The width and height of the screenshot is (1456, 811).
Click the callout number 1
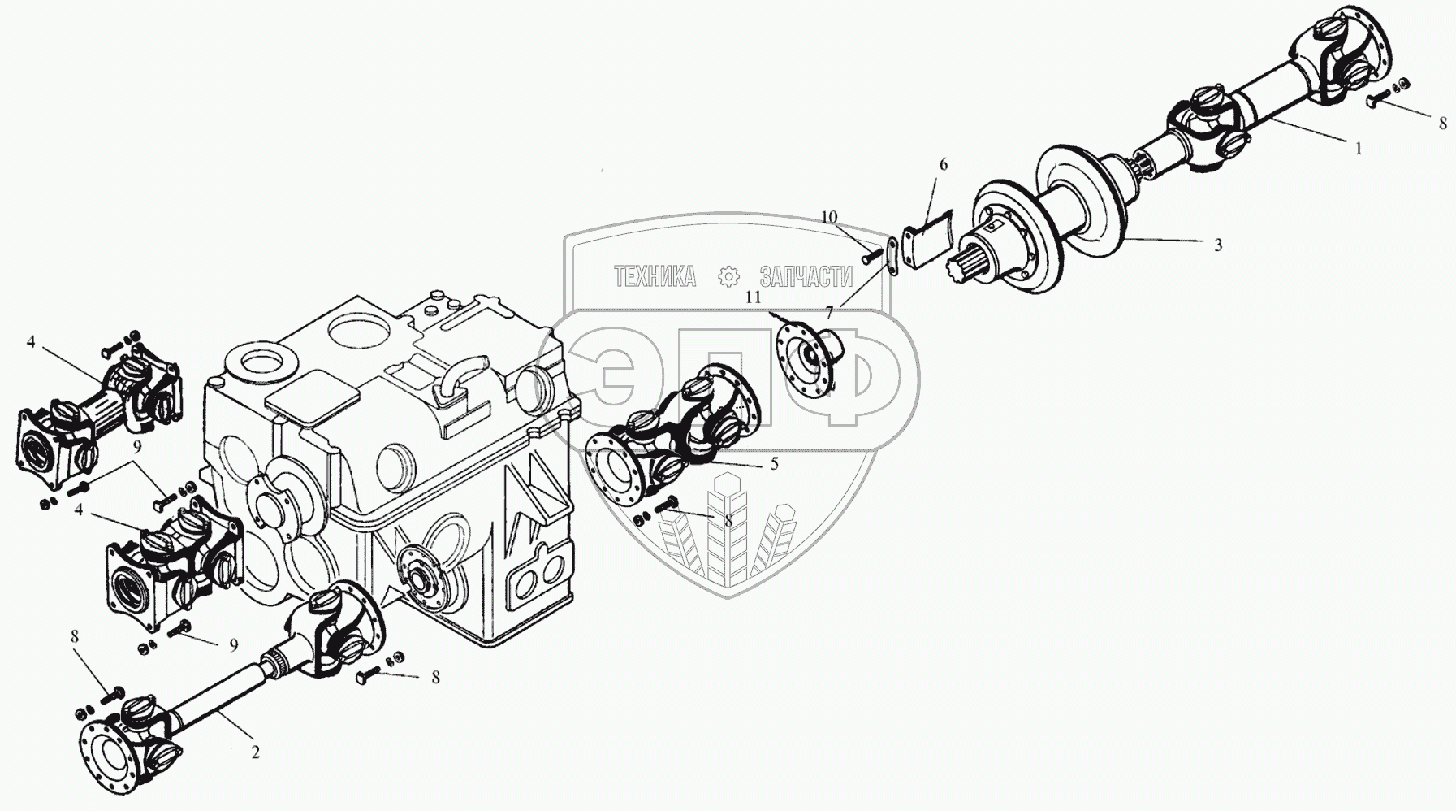pos(1358,150)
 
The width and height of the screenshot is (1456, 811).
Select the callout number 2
pos(255,753)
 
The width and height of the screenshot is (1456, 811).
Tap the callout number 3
pos(1218,245)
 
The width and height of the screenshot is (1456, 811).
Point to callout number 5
pos(774,463)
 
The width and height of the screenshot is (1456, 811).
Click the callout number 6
pos(943,164)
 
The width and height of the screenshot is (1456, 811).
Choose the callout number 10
pos(828,217)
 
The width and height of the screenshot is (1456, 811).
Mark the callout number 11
pos(754,297)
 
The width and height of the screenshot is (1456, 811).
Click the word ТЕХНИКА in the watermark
pos(655,277)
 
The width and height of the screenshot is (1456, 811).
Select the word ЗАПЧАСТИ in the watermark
pos(806,277)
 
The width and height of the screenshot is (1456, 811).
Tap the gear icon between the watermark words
pos(728,277)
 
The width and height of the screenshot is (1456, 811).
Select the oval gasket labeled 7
pos(892,258)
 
